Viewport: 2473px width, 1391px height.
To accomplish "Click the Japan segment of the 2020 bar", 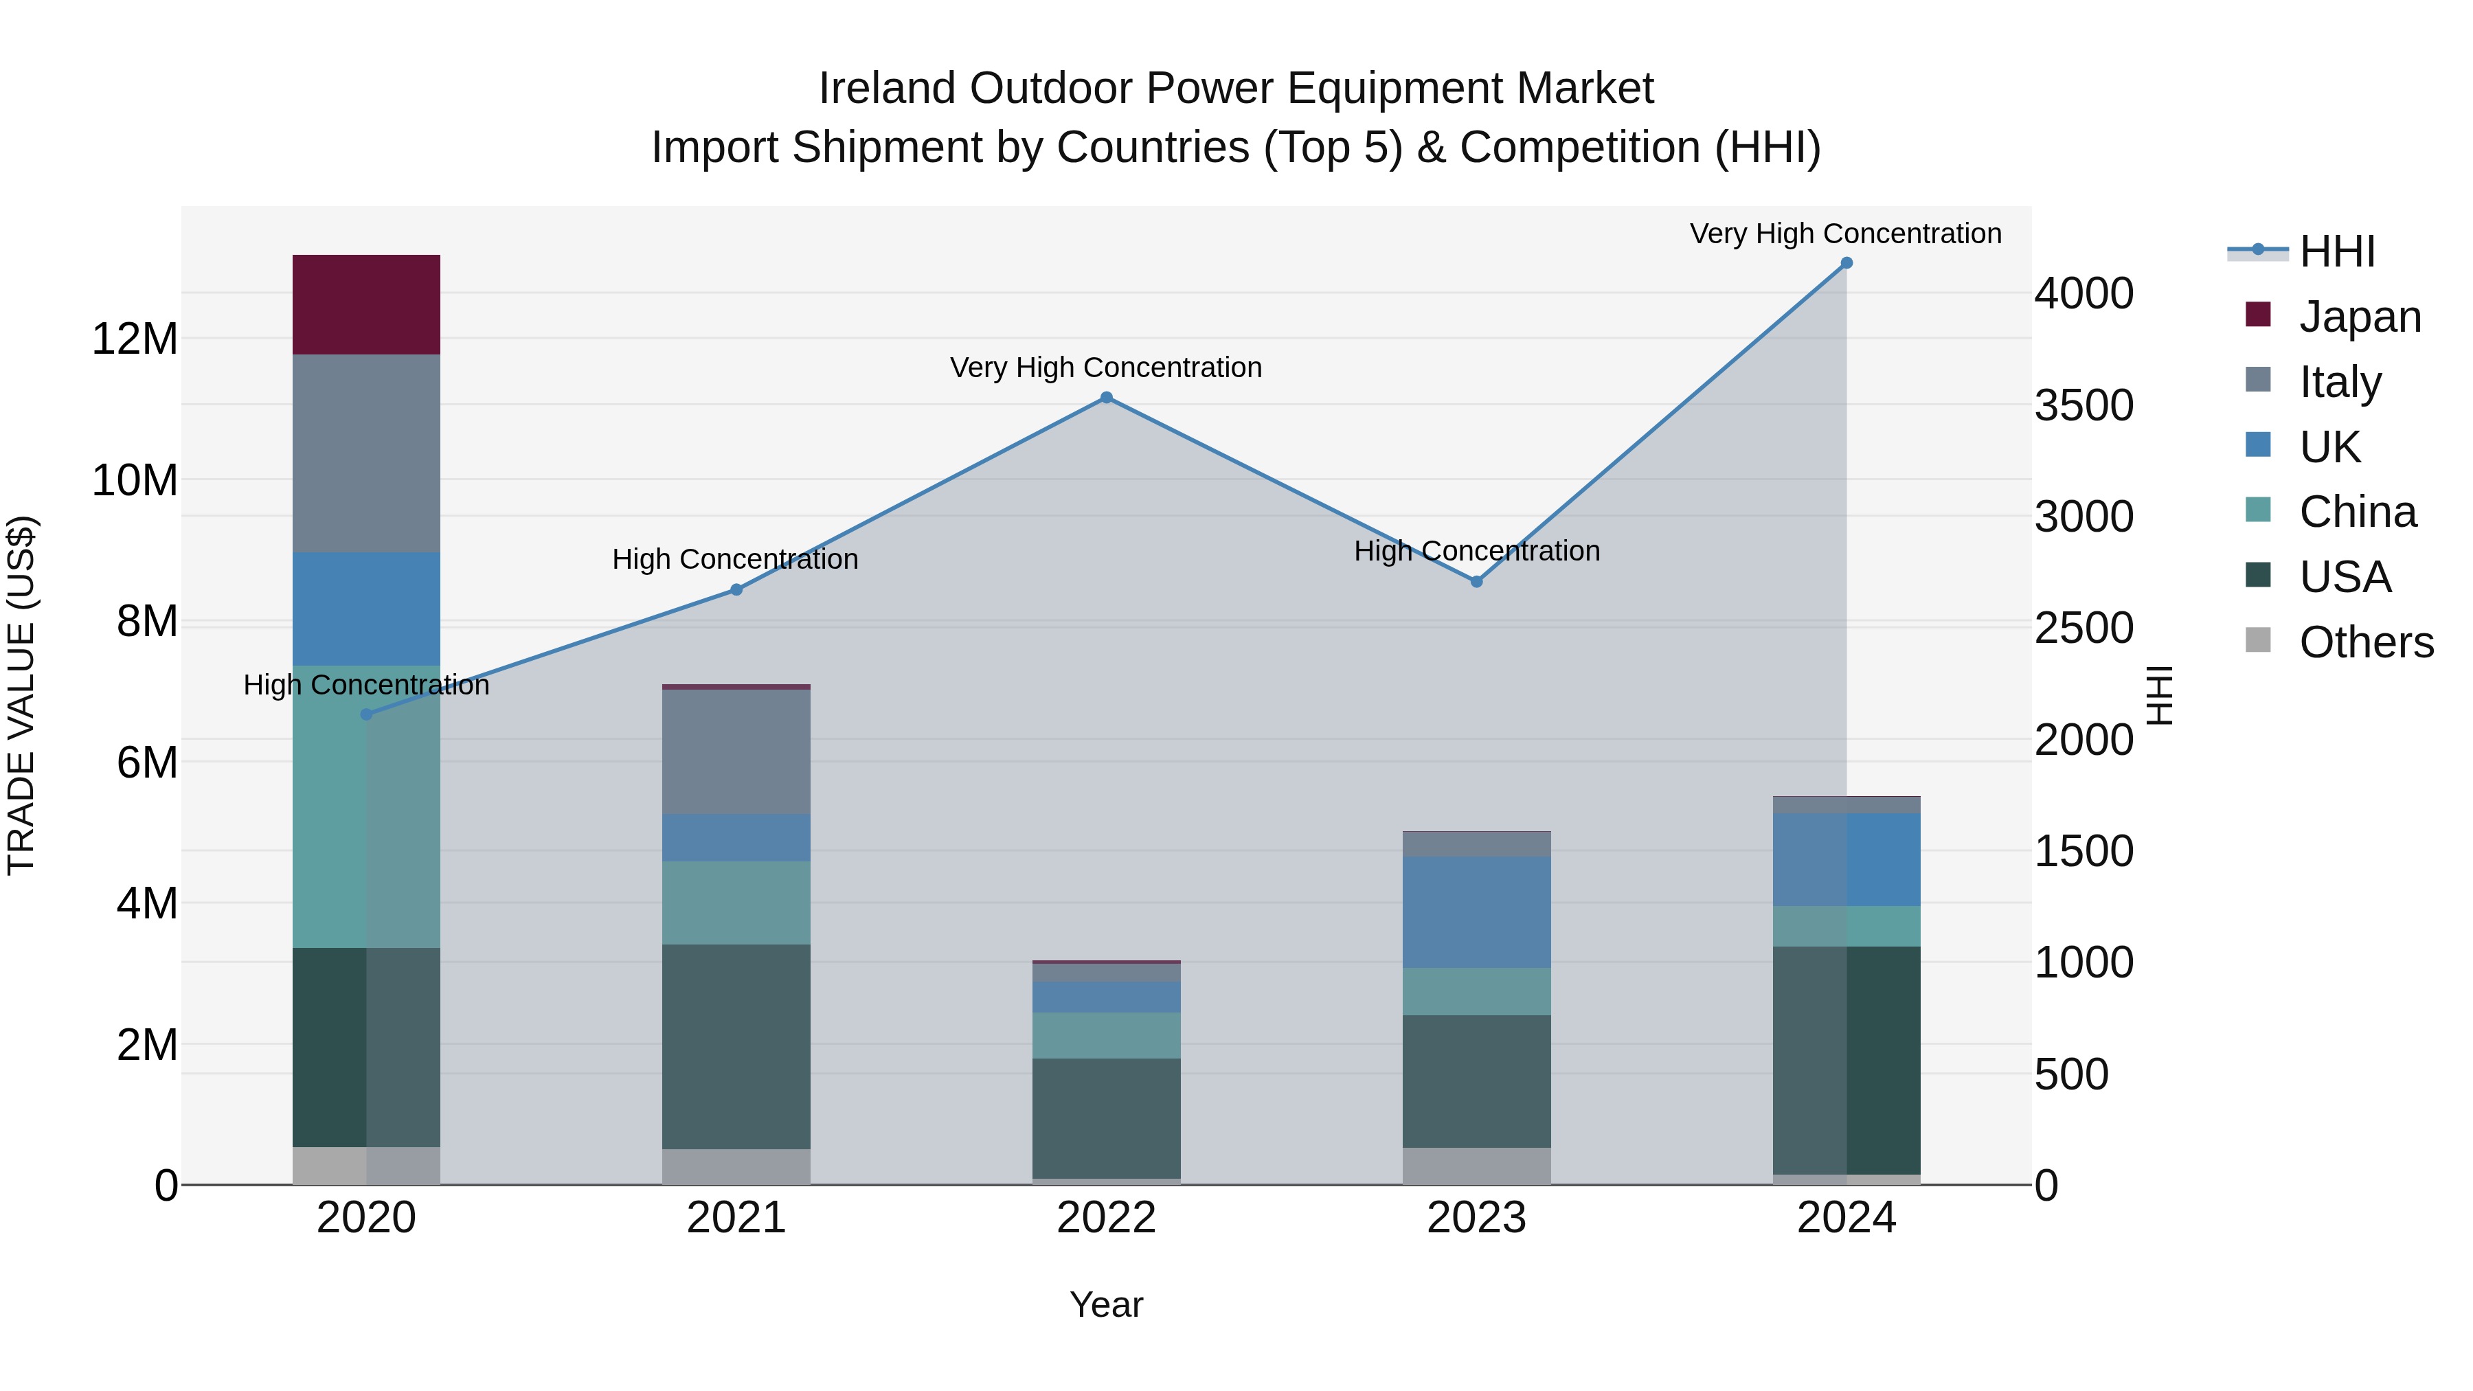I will pyautogui.click(x=365, y=304).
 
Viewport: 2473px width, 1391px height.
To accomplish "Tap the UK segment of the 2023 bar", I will pyautogui.click(x=1476, y=912).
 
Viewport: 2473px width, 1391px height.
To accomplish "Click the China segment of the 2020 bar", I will pyautogui.click(x=365, y=806).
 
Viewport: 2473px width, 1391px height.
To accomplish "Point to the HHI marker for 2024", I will pyautogui.click(x=1846, y=263).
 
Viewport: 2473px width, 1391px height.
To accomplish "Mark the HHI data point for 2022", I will pyautogui.click(x=1106, y=398).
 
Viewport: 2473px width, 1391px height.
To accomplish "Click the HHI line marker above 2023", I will pyautogui.click(x=1476, y=582).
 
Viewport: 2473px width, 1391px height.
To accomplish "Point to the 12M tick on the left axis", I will pyautogui.click(x=135, y=339).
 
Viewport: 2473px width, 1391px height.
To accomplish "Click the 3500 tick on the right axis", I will pyautogui.click(x=2084, y=405).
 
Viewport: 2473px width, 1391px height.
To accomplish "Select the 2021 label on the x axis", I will pyautogui.click(x=736, y=1218).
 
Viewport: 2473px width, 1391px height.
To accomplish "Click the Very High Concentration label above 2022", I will pyautogui.click(x=1106, y=367).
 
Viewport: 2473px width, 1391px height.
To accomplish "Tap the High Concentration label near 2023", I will pyautogui.click(x=1476, y=551).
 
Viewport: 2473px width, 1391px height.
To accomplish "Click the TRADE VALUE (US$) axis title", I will pyautogui.click(x=22, y=695).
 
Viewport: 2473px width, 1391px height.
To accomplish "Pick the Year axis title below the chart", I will pyautogui.click(x=1106, y=1304).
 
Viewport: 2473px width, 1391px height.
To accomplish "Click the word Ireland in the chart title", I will pyautogui.click(x=887, y=89).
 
